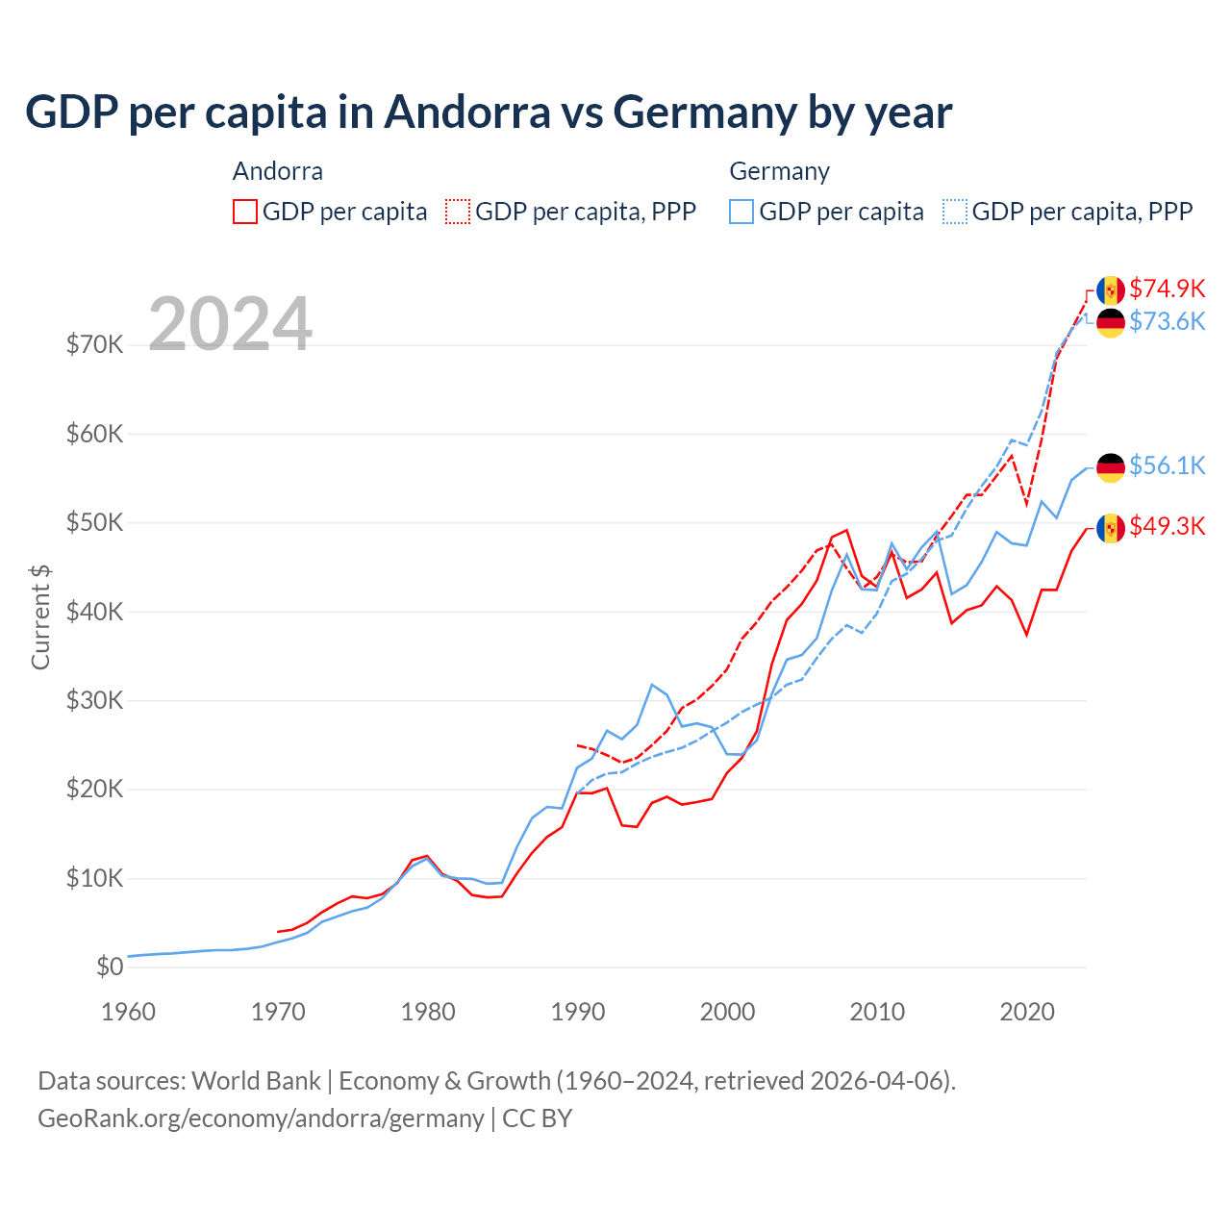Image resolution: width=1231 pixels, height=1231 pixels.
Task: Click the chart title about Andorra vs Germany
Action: (489, 113)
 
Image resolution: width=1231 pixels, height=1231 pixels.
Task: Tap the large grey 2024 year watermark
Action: (230, 324)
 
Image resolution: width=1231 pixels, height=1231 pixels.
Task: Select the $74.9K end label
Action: (1167, 289)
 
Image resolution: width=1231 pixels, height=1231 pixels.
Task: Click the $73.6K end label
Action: (1167, 321)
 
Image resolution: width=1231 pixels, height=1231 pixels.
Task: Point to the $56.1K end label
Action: (1167, 465)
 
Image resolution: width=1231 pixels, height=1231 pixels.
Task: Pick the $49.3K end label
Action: (1167, 526)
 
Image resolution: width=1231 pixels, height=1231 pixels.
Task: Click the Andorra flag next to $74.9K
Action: (1111, 289)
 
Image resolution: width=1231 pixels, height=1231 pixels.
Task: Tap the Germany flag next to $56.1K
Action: (1111, 467)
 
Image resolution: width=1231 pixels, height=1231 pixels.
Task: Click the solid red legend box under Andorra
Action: (245, 212)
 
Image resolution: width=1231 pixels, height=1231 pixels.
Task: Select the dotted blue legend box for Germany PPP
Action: (955, 212)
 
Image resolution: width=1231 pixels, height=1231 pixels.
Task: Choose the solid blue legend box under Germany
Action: (741, 212)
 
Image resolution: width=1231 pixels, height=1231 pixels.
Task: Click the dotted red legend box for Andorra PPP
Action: (458, 212)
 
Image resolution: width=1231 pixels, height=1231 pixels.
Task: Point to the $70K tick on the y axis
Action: (94, 344)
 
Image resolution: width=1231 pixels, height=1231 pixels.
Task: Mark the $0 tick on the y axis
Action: (110, 967)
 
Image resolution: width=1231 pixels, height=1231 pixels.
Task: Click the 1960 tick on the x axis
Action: (128, 1012)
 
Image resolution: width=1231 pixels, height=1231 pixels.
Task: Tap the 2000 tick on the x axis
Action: (728, 1012)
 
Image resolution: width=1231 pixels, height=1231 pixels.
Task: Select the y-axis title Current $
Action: (40, 616)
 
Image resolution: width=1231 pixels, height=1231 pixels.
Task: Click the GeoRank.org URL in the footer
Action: (261, 1118)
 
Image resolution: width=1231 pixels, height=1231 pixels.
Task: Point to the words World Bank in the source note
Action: (256, 1081)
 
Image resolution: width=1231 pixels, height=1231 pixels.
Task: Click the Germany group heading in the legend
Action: (779, 171)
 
